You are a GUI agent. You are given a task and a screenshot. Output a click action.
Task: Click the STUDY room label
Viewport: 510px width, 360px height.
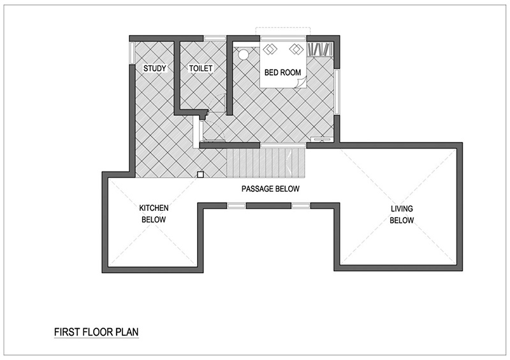pos(155,68)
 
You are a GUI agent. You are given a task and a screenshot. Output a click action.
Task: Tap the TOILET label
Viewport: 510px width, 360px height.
pos(201,68)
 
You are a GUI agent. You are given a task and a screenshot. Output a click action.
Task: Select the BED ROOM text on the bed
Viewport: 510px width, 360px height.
pos(282,73)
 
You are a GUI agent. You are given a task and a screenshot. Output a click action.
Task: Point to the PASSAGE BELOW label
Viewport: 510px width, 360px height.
pos(270,189)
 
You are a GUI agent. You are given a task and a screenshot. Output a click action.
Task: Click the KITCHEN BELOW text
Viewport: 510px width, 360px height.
pos(154,213)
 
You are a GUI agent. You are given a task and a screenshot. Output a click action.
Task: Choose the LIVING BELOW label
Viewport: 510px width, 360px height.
pos(402,214)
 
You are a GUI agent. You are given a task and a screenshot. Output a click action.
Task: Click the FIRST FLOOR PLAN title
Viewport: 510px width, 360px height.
pos(96,332)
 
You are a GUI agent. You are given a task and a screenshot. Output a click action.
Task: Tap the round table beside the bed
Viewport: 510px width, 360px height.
pos(243,54)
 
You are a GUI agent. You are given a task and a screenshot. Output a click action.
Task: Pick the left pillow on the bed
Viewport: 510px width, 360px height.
pos(270,50)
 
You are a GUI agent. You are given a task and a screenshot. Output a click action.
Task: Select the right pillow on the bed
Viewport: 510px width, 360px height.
pos(296,50)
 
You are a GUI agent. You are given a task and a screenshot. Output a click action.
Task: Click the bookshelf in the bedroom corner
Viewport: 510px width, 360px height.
pos(321,49)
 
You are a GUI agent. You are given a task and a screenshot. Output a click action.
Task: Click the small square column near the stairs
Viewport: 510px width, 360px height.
pos(200,175)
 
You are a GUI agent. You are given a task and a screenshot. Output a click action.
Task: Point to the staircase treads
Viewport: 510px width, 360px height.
pos(266,163)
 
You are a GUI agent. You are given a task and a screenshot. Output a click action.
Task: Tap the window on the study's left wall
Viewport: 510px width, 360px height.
pos(132,53)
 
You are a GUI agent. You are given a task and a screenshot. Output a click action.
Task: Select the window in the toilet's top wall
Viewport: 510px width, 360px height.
pos(215,38)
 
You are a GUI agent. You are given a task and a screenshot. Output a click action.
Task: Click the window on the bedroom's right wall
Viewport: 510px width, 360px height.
pos(337,91)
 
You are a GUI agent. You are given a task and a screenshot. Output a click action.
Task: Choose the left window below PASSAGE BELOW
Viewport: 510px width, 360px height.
pos(236,206)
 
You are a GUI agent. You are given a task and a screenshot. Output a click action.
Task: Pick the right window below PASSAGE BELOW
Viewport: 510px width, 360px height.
pos(301,206)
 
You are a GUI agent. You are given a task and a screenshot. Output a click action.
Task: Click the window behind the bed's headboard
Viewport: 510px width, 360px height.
pos(283,38)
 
